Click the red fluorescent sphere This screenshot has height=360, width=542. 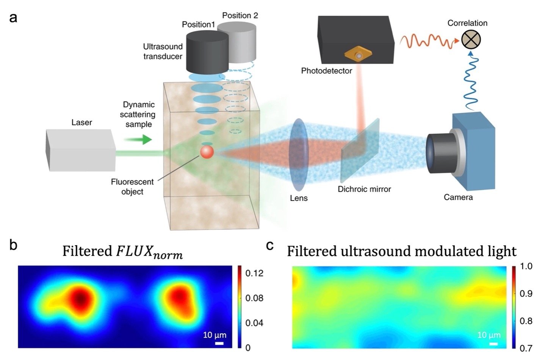[207, 152]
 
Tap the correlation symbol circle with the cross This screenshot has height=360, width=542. [471, 40]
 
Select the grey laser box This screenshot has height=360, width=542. [80, 150]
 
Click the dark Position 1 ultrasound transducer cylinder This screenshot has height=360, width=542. [207, 52]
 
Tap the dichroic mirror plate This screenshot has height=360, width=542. [360, 151]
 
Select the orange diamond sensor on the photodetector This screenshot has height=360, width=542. [358, 55]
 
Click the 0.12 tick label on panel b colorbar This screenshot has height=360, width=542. [254, 273]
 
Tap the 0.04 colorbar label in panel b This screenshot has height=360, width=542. [254, 323]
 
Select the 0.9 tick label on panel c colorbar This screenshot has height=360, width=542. [526, 294]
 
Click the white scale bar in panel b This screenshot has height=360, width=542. [219, 343]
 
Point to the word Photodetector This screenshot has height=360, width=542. [326, 71]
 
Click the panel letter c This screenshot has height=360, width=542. [269, 246]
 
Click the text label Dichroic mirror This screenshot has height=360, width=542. [364, 189]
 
